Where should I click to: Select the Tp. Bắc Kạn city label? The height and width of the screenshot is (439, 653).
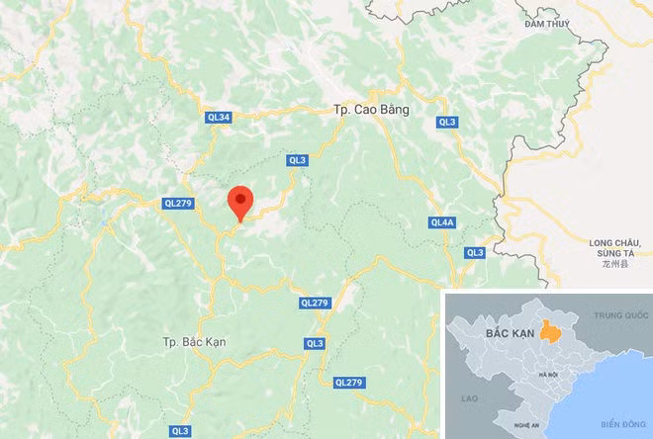pos(195,341)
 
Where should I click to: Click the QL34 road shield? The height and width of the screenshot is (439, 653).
pos(218,118)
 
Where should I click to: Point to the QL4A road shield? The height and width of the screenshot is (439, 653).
pos(441,222)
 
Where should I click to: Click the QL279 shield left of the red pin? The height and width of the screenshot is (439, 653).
pos(176,204)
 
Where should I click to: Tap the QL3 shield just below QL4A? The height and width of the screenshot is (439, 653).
pos(475,253)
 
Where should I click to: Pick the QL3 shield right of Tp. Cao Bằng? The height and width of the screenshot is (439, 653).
pos(448,122)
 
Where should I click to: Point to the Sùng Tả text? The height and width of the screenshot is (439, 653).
pos(617,254)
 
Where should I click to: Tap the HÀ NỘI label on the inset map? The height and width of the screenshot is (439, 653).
pos(549,374)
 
